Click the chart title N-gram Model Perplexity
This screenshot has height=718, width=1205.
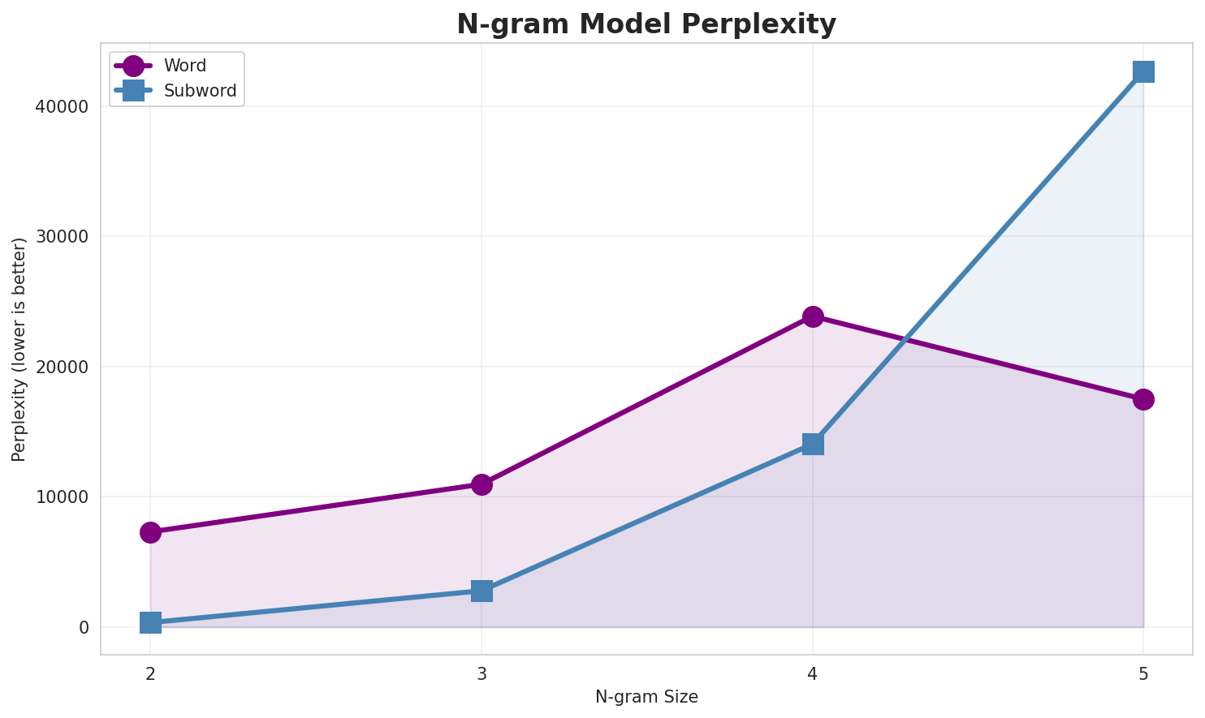tap(646, 24)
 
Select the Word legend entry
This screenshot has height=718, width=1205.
tap(184, 66)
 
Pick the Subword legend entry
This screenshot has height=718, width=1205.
tap(200, 91)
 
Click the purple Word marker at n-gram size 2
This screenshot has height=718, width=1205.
tap(150, 532)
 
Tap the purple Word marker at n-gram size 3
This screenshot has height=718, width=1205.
tap(482, 484)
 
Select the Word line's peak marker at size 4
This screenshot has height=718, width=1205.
tap(813, 316)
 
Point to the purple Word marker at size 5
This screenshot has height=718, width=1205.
tap(1143, 399)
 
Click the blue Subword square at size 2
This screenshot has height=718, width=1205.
tap(150, 622)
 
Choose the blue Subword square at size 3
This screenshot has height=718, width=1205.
tap(482, 591)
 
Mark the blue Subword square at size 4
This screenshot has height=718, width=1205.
tap(813, 444)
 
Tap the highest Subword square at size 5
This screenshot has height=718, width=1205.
tap(1143, 71)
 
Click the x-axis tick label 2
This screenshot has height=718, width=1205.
tap(150, 673)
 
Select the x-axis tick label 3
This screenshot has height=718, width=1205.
tap(482, 673)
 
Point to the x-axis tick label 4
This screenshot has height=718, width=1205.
tap(813, 673)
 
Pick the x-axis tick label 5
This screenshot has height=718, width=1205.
tap(1143, 673)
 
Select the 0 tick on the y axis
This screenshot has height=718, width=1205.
tap(84, 627)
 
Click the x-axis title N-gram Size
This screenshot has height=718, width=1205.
tap(646, 697)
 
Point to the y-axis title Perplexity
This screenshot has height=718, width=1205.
tap(19, 349)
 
